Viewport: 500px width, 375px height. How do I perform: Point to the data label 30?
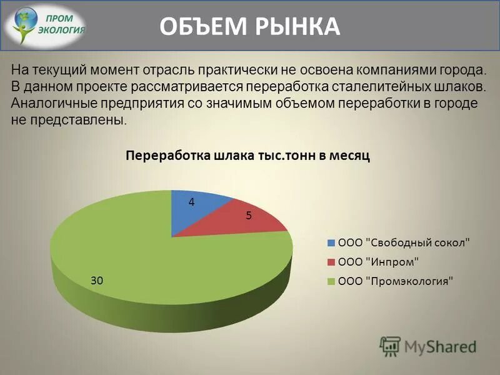[96, 281]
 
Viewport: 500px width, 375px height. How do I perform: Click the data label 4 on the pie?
[192, 202]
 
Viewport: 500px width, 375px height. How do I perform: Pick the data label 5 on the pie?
[248, 216]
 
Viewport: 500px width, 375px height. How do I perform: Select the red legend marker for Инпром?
[331, 262]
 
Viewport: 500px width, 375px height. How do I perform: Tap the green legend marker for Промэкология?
[331, 281]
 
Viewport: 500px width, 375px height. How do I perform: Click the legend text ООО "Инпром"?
[377, 262]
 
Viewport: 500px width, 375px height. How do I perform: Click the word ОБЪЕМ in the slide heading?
[199, 27]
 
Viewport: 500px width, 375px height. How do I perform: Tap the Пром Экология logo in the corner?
[47, 27]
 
